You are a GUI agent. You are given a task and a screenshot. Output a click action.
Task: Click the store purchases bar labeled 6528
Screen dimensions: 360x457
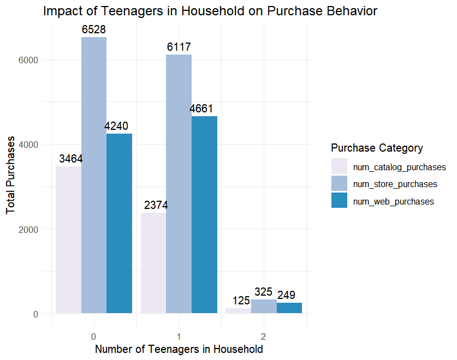94,175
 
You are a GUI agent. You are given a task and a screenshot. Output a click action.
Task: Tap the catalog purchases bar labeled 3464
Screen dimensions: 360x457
68,240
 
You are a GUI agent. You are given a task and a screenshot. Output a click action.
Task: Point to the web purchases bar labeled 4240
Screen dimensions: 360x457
119,224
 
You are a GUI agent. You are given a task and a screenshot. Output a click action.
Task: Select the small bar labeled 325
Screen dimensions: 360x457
264,307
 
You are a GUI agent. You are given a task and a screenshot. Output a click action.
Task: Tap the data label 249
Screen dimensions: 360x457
286,295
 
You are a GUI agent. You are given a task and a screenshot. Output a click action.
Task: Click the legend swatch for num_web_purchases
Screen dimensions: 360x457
339,201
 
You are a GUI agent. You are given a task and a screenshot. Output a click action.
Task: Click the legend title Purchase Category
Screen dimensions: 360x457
377,148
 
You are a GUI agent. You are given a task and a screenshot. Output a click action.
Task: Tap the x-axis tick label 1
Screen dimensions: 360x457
179,335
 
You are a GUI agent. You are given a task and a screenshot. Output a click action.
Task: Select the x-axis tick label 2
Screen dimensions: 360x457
264,335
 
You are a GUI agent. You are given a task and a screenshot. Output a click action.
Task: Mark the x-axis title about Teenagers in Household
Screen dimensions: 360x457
179,349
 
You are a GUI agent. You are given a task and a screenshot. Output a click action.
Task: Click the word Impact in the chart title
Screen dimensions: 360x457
61,11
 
